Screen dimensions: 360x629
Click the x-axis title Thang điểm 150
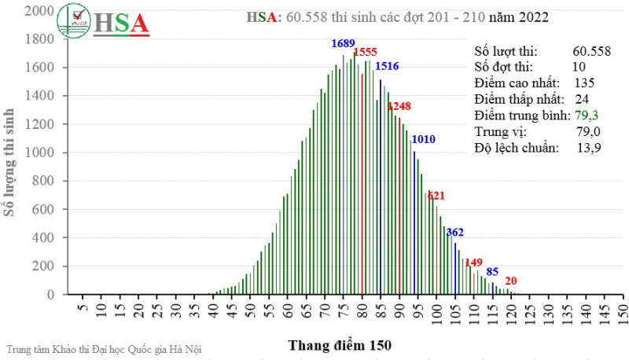click(x=339, y=345)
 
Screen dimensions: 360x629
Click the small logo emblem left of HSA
click(x=79, y=21)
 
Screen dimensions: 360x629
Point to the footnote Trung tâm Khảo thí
click(x=102, y=348)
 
